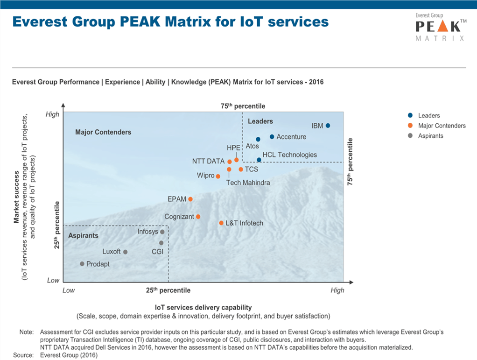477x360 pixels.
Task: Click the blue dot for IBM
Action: [x=328, y=126]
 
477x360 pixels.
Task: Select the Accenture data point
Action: [x=272, y=137]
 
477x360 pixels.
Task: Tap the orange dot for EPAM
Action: [x=190, y=199]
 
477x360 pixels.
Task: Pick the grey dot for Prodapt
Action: [x=82, y=264]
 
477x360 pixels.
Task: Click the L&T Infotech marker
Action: [x=221, y=223]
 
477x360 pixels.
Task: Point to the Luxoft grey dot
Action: [x=125, y=252]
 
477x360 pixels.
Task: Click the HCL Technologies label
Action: [x=289, y=155]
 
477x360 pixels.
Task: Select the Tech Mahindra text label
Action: [x=248, y=183]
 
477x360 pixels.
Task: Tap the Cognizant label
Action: [x=179, y=217]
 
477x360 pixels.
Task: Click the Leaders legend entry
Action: [x=428, y=115]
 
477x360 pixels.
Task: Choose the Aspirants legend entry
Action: [x=430, y=136]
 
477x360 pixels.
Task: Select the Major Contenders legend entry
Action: [x=442, y=126]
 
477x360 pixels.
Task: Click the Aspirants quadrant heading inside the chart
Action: [x=83, y=235]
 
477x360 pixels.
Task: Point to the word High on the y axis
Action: [x=52, y=114]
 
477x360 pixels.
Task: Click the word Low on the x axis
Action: [x=69, y=290]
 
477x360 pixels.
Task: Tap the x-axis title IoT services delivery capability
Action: [x=203, y=307]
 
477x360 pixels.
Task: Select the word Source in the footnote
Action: [x=23, y=355]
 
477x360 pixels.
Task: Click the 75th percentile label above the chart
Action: [x=243, y=106]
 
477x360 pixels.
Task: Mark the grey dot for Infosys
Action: [x=162, y=232]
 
